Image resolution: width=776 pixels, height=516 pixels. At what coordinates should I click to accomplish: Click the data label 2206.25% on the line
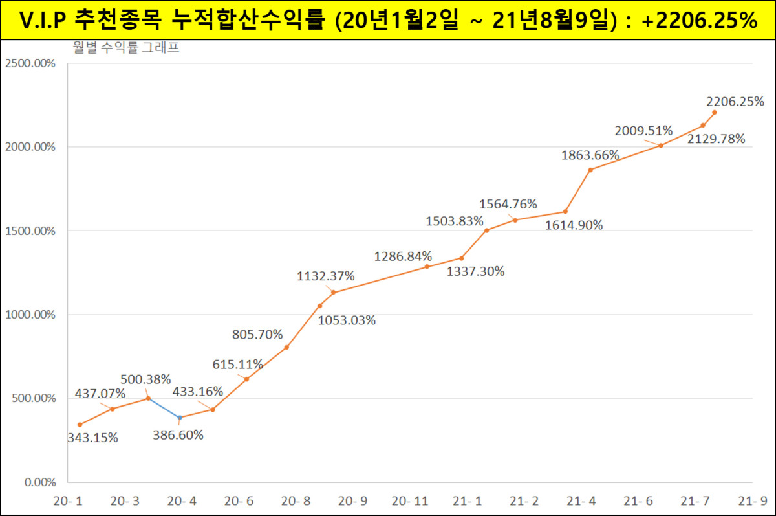click(735, 102)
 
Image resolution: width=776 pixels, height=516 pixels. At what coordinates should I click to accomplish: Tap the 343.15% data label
click(92, 438)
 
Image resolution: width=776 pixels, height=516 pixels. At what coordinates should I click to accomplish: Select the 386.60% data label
click(178, 435)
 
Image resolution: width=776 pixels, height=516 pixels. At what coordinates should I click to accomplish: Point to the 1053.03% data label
click(347, 320)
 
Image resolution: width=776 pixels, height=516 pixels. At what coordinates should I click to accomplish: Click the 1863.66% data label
click(590, 155)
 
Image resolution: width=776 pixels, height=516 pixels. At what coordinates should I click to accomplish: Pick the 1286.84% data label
click(403, 257)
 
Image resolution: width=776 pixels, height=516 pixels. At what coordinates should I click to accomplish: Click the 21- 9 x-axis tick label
click(753, 501)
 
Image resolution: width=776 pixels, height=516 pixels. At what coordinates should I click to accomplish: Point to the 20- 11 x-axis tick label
click(410, 501)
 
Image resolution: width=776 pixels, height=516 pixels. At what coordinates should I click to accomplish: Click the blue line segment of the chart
click(164, 408)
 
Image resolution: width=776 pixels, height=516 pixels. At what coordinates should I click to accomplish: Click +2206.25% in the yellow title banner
click(700, 20)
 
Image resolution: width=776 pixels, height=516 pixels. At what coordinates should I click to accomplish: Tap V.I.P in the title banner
click(43, 20)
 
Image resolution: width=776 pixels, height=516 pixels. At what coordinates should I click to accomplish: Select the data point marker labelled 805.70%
click(286, 348)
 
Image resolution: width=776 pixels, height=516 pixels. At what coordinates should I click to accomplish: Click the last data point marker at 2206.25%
click(715, 112)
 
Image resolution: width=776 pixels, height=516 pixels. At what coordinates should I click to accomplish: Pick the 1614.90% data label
click(574, 225)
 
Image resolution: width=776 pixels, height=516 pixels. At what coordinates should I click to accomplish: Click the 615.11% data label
click(237, 364)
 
